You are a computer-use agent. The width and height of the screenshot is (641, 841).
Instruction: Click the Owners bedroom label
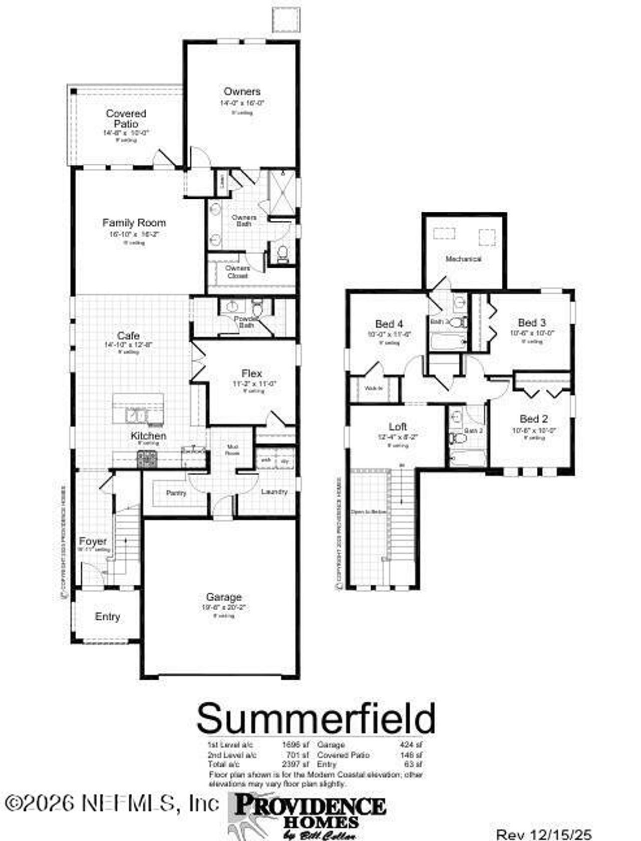[242, 92]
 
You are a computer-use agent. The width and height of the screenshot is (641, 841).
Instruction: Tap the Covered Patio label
[126, 119]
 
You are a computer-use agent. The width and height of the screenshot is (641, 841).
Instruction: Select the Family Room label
[134, 223]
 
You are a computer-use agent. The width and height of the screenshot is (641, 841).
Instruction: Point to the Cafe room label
[128, 335]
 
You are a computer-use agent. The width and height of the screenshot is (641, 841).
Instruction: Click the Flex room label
[251, 373]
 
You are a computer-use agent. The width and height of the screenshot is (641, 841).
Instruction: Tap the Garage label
[224, 597]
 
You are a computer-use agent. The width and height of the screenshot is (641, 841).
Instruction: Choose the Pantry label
[176, 493]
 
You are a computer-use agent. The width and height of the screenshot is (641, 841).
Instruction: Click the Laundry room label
[274, 492]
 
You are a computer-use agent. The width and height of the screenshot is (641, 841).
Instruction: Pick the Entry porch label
[108, 617]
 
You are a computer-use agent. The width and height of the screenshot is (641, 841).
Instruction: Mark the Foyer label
[93, 541]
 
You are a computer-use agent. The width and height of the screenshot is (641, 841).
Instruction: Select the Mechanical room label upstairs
[463, 259]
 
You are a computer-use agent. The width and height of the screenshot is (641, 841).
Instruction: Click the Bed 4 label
[389, 324]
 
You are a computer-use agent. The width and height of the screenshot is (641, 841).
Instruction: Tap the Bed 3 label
[532, 322]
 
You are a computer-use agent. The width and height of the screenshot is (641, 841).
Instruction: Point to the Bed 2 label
[533, 419]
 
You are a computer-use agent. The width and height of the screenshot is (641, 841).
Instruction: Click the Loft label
[398, 427]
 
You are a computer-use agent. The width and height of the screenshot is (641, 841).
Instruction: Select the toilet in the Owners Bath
[282, 254]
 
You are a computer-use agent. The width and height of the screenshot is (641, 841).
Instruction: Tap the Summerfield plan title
[315, 718]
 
